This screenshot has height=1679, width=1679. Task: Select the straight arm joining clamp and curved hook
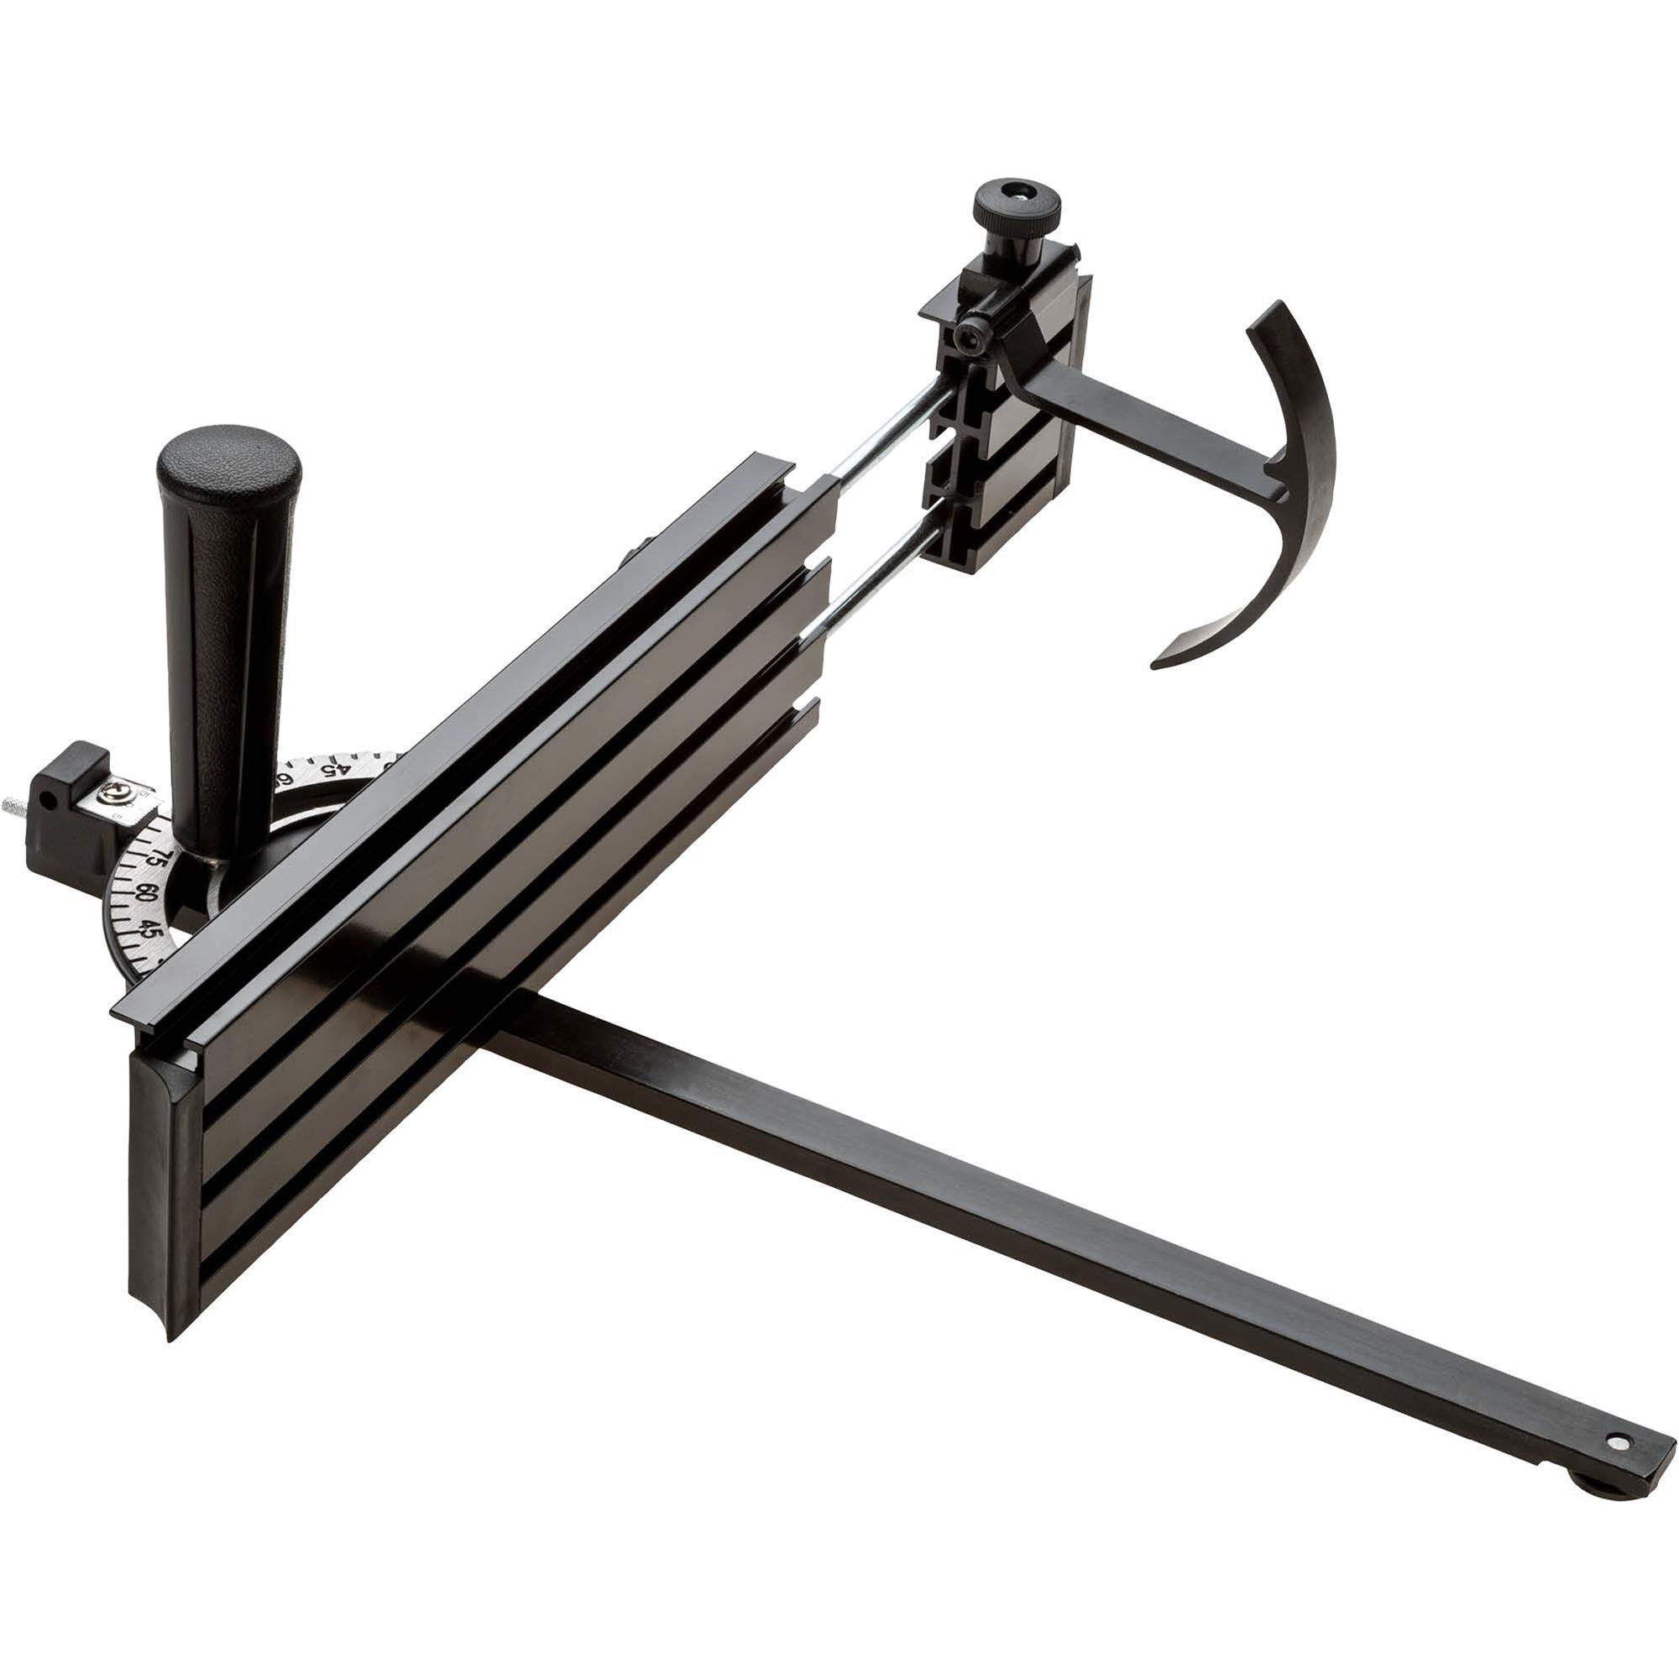point(1147,435)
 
